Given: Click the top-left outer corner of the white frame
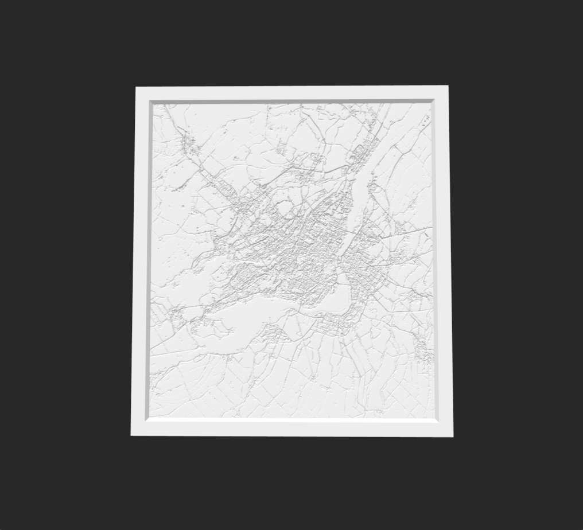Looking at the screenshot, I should (x=136, y=87).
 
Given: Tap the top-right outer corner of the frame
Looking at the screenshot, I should (x=448, y=86).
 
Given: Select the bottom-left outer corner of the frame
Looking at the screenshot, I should (x=131, y=435).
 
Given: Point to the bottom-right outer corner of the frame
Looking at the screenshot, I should (x=453, y=437).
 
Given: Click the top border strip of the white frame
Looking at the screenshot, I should (x=291, y=93).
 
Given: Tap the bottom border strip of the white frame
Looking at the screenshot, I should (x=291, y=428).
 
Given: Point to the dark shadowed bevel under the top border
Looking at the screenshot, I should (x=291, y=102).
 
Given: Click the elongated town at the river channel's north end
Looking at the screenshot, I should (x=362, y=152).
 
